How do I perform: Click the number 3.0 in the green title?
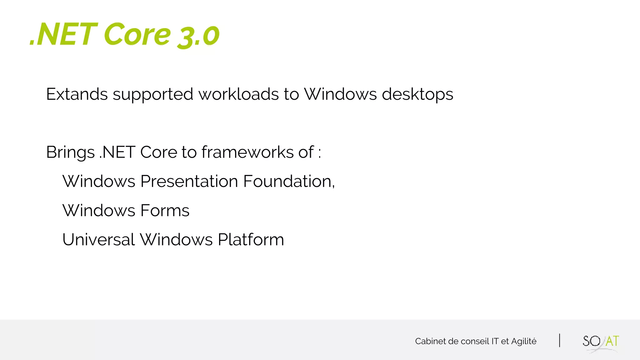(198, 36)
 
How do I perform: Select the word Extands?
(77, 94)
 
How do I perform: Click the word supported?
(153, 95)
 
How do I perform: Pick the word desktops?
(417, 95)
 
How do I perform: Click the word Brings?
(70, 153)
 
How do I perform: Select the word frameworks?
(247, 152)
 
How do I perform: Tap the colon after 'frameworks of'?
(319, 153)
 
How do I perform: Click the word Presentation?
(189, 181)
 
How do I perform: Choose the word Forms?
(165, 210)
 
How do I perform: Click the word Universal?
(98, 240)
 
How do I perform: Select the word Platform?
(251, 240)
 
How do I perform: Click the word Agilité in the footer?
(523, 341)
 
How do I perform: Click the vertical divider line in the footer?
(559, 341)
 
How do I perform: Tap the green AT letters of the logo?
(612, 341)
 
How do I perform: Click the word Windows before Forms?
(98, 210)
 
